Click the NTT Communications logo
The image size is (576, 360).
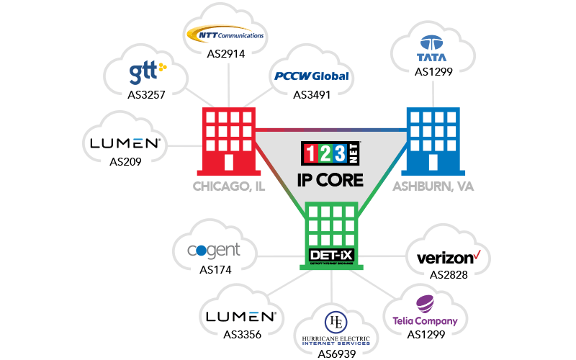(x=225, y=35)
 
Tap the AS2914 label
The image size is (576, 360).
(x=225, y=53)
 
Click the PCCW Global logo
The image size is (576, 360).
(x=312, y=76)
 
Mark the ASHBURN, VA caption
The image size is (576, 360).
(x=434, y=186)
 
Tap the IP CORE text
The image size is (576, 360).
(x=332, y=180)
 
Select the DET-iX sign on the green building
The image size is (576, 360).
(x=331, y=255)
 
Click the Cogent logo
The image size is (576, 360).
(x=213, y=251)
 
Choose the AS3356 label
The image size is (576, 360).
(x=242, y=334)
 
